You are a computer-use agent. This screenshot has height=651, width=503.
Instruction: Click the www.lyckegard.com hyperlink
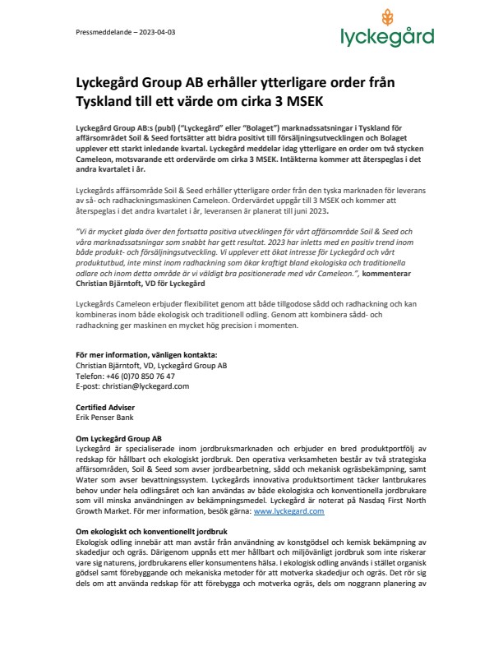[x=288, y=510]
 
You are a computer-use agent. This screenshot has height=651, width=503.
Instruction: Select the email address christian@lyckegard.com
[x=142, y=385]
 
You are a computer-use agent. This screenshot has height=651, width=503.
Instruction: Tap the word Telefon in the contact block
[x=89, y=376]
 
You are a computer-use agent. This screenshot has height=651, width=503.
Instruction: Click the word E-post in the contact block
[x=88, y=385]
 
